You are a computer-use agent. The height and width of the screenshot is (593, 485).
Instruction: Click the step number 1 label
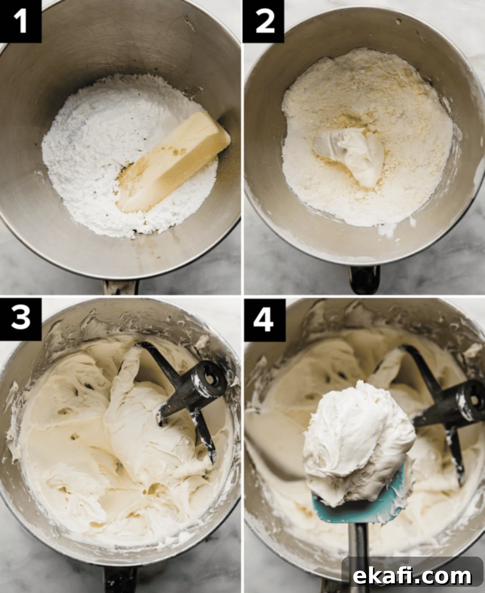click(20, 21)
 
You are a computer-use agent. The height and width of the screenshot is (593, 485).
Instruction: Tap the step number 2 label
click(264, 21)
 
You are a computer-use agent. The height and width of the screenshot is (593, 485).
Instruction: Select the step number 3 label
click(20, 319)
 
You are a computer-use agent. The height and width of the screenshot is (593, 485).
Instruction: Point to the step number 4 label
click(264, 320)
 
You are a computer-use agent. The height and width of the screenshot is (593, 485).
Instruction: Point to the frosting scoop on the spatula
click(359, 443)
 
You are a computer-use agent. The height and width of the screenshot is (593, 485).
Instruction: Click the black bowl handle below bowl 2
click(365, 280)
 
